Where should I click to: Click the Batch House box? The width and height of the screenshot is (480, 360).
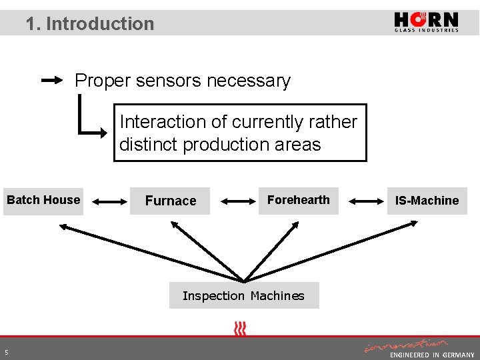click(x=43, y=200)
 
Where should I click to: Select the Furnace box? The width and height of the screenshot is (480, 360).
click(x=171, y=201)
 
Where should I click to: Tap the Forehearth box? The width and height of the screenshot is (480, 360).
click(x=298, y=200)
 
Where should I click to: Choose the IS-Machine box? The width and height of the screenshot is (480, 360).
click(x=427, y=201)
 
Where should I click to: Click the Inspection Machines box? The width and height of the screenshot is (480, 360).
click(x=243, y=295)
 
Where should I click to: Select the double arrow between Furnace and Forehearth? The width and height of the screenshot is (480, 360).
click(x=235, y=200)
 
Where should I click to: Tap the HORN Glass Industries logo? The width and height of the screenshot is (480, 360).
click(x=426, y=22)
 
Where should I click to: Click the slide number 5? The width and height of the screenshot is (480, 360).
click(x=6, y=352)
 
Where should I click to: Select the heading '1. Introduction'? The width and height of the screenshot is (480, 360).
click(x=90, y=24)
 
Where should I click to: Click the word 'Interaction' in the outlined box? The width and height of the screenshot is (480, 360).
click(x=163, y=122)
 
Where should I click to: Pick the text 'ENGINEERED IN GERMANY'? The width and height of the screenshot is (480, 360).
click(x=432, y=355)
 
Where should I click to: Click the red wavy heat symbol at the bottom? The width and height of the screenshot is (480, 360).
click(x=240, y=328)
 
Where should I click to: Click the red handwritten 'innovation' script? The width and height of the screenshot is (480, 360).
click(x=405, y=345)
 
